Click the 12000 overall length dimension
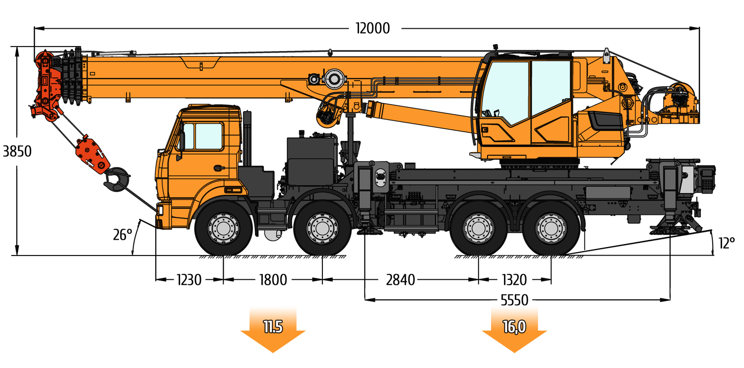coord(372,29)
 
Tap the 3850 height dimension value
coord(17,151)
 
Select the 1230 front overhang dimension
coord(188,280)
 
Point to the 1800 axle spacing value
coord(273,280)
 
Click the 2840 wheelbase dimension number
coord(401,280)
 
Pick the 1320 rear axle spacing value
coord(514,280)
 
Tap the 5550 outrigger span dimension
coord(514,300)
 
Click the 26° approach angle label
coord(123,235)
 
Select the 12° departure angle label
coord(727,243)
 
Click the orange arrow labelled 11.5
coord(273,330)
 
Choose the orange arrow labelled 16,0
coord(514,330)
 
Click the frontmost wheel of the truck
coord(223,228)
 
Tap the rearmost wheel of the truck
coord(551,228)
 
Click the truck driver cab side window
coord(209,136)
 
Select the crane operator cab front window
coord(504,93)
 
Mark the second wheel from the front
coord(322,228)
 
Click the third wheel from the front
coord(478,228)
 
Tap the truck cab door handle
coord(219,168)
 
